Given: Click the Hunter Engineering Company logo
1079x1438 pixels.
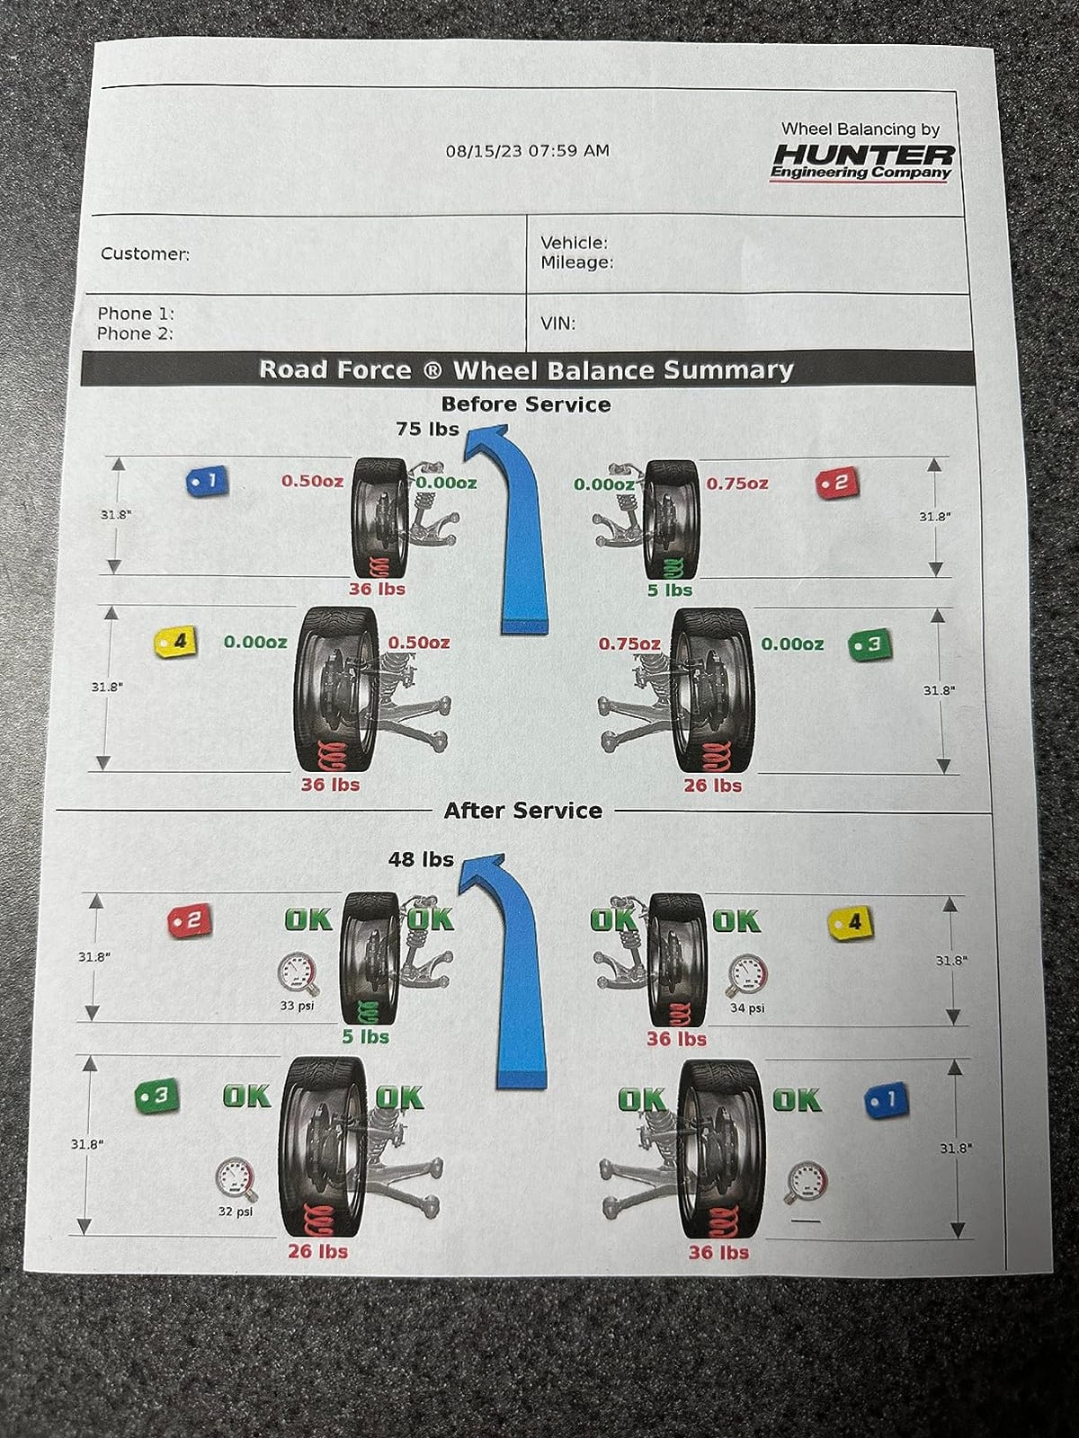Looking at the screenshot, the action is click(x=862, y=164).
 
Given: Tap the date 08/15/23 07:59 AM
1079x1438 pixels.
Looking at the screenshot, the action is click(x=528, y=151).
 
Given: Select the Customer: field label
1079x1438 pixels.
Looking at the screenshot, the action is click(x=145, y=253).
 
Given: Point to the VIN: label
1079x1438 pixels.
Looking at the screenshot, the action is click(x=557, y=324).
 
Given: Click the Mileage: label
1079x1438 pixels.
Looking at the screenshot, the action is click(x=576, y=262).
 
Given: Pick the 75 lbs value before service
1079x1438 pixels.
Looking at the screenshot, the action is click(x=427, y=429).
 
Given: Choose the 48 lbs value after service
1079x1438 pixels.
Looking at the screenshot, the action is click(x=421, y=859).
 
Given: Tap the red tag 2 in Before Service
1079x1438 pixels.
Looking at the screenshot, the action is click(x=836, y=484).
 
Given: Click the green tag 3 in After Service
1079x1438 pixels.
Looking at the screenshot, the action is click(x=156, y=1095).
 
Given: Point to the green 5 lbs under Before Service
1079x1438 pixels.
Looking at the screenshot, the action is click(x=670, y=590).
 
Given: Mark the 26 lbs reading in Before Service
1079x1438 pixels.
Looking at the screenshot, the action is click(x=713, y=786).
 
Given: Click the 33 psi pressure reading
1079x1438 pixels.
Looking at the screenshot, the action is click(x=297, y=1006).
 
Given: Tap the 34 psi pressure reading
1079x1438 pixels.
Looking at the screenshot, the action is click(x=747, y=1008).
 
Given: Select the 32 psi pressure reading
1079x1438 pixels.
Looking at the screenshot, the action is click(x=236, y=1212).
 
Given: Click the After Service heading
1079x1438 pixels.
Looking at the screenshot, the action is click(x=522, y=811).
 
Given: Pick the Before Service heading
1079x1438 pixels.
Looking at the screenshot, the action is click(x=526, y=404).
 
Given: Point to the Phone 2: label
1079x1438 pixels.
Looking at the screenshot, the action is click(x=135, y=333).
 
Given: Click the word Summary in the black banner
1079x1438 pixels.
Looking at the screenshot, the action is click(x=727, y=371).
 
